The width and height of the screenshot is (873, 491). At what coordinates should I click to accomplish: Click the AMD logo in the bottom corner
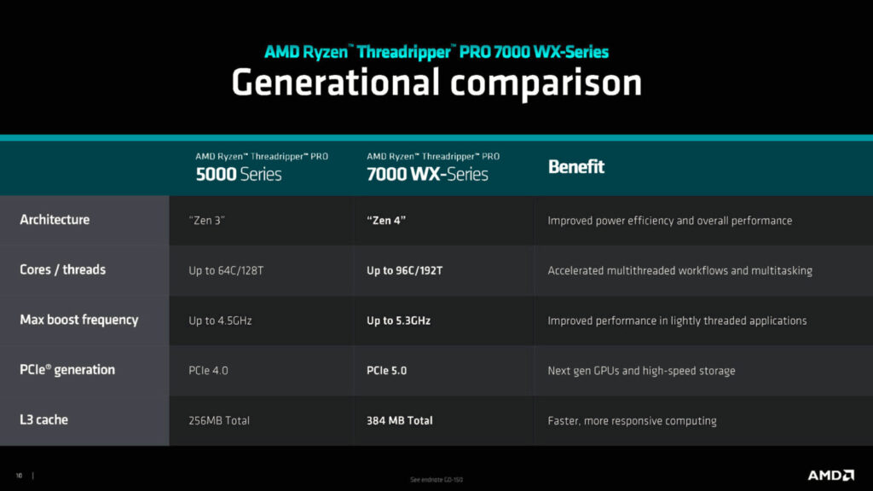(831, 475)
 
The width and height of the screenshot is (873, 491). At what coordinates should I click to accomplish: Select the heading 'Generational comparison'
(436, 83)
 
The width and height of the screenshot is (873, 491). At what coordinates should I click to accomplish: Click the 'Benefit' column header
(575, 167)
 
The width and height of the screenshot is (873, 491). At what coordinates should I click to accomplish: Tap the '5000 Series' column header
(239, 174)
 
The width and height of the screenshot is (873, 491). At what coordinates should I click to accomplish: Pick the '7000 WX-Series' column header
(427, 174)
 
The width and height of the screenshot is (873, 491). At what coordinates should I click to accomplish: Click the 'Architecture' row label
(55, 220)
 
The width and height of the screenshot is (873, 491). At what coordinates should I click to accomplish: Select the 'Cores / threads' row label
(62, 270)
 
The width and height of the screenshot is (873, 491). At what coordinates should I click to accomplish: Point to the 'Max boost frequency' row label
(78, 321)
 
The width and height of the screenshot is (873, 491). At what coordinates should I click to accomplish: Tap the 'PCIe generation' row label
(66, 370)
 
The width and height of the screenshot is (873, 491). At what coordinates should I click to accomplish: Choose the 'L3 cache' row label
(43, 420)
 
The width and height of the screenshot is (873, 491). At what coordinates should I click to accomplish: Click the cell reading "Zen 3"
(207, 221)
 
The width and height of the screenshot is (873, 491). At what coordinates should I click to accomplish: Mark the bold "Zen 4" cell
(386, 221)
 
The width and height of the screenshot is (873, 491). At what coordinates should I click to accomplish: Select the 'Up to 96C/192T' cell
(404, 271)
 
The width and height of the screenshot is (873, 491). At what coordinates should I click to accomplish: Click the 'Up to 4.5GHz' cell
(220, 321)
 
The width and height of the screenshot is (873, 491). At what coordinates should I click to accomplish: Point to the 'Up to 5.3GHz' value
(398, 321)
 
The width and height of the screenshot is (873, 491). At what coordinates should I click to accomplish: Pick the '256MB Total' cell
(219, 420)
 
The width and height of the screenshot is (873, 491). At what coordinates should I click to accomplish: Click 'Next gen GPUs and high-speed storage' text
(641, 371)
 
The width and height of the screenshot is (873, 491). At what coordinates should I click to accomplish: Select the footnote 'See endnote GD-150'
(436, 480)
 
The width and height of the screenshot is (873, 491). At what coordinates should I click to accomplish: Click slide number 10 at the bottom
(19, 476)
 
